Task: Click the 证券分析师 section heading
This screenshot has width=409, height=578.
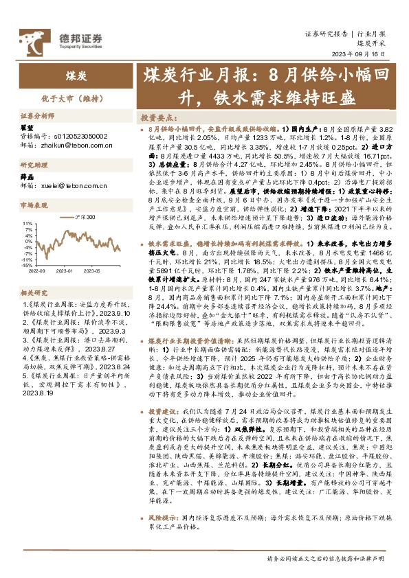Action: [x=37, y=117]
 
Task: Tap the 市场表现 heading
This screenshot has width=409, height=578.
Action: [x=33, y=205]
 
